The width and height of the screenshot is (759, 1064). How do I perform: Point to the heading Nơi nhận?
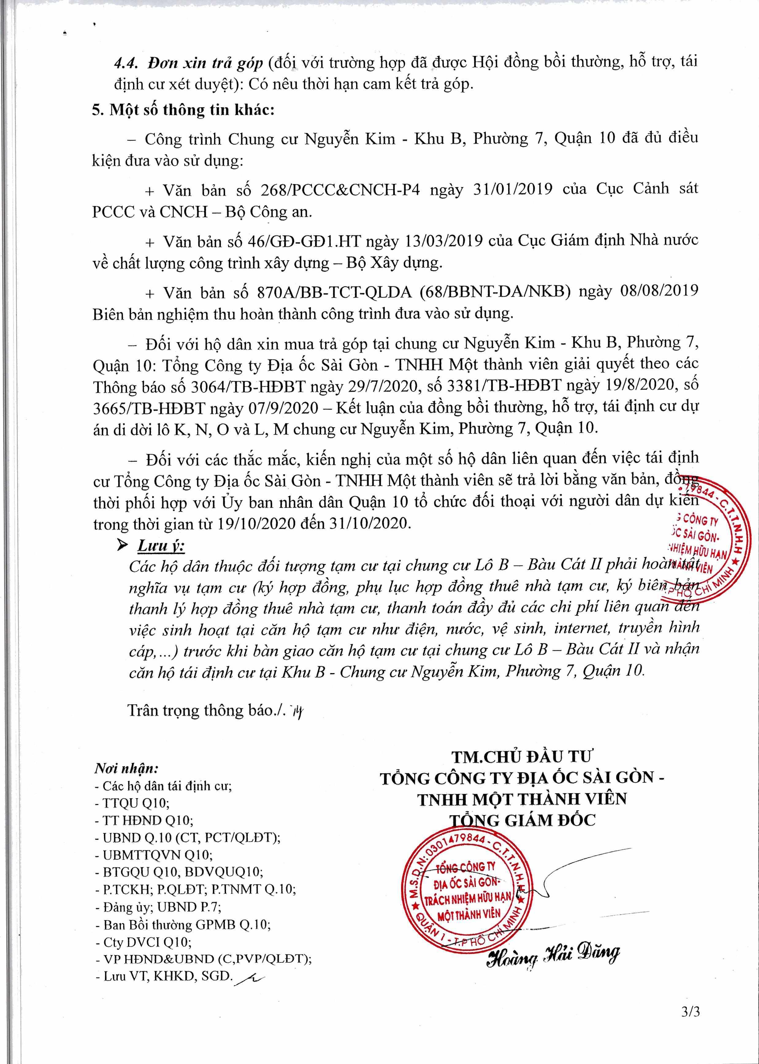[x=126, y=768]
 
